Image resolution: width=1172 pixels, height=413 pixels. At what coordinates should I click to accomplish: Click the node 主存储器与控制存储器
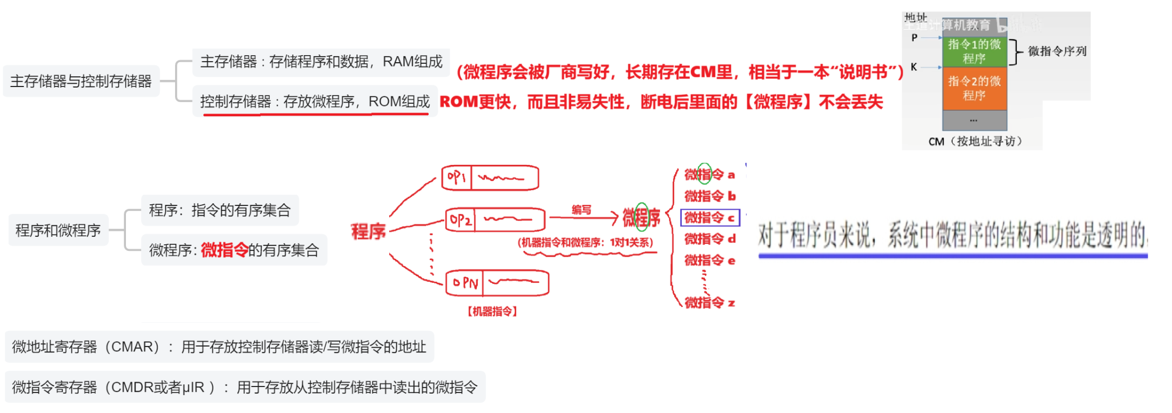pyautogui.click(x=81, y=81)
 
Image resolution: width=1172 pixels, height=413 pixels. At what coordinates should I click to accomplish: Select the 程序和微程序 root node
pyautogui.click(x=58, y=230)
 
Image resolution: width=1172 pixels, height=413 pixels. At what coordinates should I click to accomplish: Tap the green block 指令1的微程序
pyautogui.click(x=974, y=51)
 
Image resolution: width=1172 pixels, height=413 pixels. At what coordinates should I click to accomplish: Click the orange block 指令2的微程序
pyautogui.click(x=974, y=88)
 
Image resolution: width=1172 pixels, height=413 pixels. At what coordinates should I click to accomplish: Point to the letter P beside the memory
pyautogui.click(x=914, y=38)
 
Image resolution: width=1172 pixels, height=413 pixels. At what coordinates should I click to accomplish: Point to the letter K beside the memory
pyautogui.click(x=914, y=67)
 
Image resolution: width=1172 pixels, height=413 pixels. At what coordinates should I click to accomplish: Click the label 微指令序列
pyautogui.click(x=1057, y=51)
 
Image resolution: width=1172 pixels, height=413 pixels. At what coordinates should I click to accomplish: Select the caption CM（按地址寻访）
pyautogui.click(x=975, y=141)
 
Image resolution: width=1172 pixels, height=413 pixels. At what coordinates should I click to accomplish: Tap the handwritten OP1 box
pyautogui.click(x=490, y=178)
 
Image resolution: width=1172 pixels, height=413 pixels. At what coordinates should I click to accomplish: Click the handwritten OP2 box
pyautogui.click(x=495, y=219)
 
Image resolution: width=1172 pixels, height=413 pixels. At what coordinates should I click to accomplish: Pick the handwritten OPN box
pyautogui.click(x=497, y=283)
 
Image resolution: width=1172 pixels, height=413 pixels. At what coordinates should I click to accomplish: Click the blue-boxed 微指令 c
pyautogui.click(x=709, y=218)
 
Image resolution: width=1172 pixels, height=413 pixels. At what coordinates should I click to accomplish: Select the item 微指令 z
pyautogui.click(x=709, y=303)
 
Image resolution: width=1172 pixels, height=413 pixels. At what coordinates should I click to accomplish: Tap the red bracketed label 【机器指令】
pyautogui.click(x=492, y=311)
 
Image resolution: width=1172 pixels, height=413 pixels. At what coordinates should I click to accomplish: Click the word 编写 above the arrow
pyautogui.click(x=581, y=210)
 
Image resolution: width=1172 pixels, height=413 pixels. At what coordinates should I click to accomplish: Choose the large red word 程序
pyautogui.click(x=368, y=231)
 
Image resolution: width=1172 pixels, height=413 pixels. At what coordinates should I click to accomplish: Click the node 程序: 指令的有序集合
pyautogui.click(x=220, y=210)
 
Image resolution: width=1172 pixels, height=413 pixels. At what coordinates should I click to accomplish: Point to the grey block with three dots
pyautogui.click(x=974, y=120)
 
